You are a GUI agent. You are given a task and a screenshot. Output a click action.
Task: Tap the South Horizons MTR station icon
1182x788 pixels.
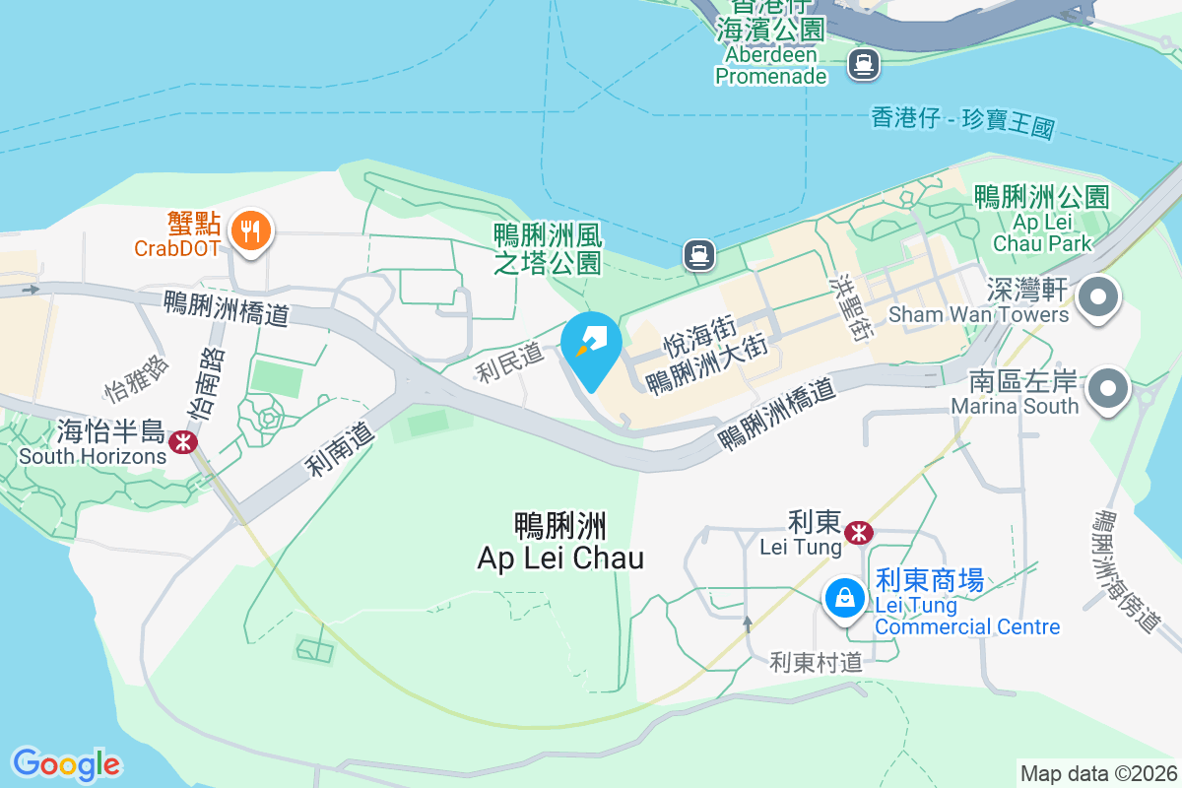click(182, 442)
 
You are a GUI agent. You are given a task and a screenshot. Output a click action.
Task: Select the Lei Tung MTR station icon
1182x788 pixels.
click(859, 533)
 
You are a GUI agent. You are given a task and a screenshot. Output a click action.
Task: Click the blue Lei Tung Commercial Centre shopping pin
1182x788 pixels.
click(844, 596)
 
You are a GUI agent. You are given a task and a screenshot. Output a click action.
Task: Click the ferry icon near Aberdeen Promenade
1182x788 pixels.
click(864, 65)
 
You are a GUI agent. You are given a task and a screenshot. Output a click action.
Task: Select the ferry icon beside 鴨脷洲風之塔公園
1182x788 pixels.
click(698, 256)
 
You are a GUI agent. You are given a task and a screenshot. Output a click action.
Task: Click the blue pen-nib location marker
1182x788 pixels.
click(591, 348)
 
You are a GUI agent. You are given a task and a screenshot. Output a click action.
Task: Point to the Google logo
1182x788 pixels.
click(66, 764)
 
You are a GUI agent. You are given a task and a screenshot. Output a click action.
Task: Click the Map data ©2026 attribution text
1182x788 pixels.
click(1098, 773)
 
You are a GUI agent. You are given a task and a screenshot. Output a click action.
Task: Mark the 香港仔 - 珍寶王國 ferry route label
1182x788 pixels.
click(962, 123)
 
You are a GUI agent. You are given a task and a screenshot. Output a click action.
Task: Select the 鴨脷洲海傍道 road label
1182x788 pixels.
click(1128, 571)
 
